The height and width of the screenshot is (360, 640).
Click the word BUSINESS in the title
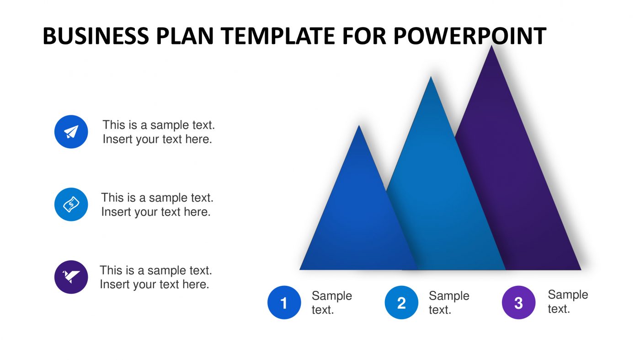pyautogui.click(x=96, y=36)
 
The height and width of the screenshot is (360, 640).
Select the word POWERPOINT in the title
pyautogui.click(x=469, y=36)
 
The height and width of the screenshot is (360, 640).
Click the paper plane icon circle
pyautogui.click(x=71, y=132)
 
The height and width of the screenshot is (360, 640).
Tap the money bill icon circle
pyautogui.click(x=71, y=204)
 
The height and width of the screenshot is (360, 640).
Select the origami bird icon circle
pyautogui.click(x=71, y=277)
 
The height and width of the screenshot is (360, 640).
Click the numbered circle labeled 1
pyautogui.click(x=284, y=302)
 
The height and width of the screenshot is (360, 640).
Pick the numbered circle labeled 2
pyautogui.click(x=401, y=302)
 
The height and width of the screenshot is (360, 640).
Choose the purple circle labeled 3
pyautogui.click(x=518, y=302)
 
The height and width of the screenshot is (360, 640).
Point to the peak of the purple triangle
pyautogui.click(x=491, y=46)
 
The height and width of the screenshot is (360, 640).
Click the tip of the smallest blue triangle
pyautogui.click(x=359, y=126)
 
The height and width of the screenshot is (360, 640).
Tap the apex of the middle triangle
pyautogui.click(x=431, y=77)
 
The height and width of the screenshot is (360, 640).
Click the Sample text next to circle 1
pyautogui.click(x=331, y=302)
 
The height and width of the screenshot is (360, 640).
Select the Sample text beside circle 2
pyautogui.click(x=448, y=302)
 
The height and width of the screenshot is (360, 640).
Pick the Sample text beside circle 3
pyautogui.click(x=567, y=301)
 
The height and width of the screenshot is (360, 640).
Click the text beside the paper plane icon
pyautogui.click(x=158, y=132)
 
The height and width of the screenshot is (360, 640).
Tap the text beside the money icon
pyautogui.click(x=157, y=204)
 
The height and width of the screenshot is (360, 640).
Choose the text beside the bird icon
pyautogui.click(x=155, y=277)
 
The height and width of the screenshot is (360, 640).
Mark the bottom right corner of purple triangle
pyautogui.click(x=580, y=269)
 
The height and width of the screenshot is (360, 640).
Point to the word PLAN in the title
pyautogui.click(x=185, y=36)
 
